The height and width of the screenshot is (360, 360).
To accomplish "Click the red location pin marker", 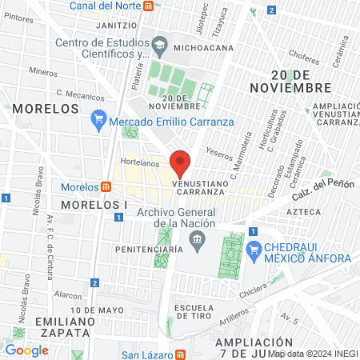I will [x=181, y=163].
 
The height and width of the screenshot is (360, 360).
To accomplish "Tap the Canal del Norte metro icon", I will [x=147, y=6].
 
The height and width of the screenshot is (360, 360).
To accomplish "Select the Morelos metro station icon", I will [x=106, y=187].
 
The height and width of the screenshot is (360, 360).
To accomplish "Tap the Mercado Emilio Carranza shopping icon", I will [x=98, y=121].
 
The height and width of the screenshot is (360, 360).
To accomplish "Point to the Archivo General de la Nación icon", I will [x=201, y=239].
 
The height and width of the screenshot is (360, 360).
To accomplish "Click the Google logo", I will [x=26, y=350].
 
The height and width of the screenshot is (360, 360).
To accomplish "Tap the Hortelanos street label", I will [x=137, y=161].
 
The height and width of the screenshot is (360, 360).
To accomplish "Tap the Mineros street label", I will [x=43, y=70].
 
